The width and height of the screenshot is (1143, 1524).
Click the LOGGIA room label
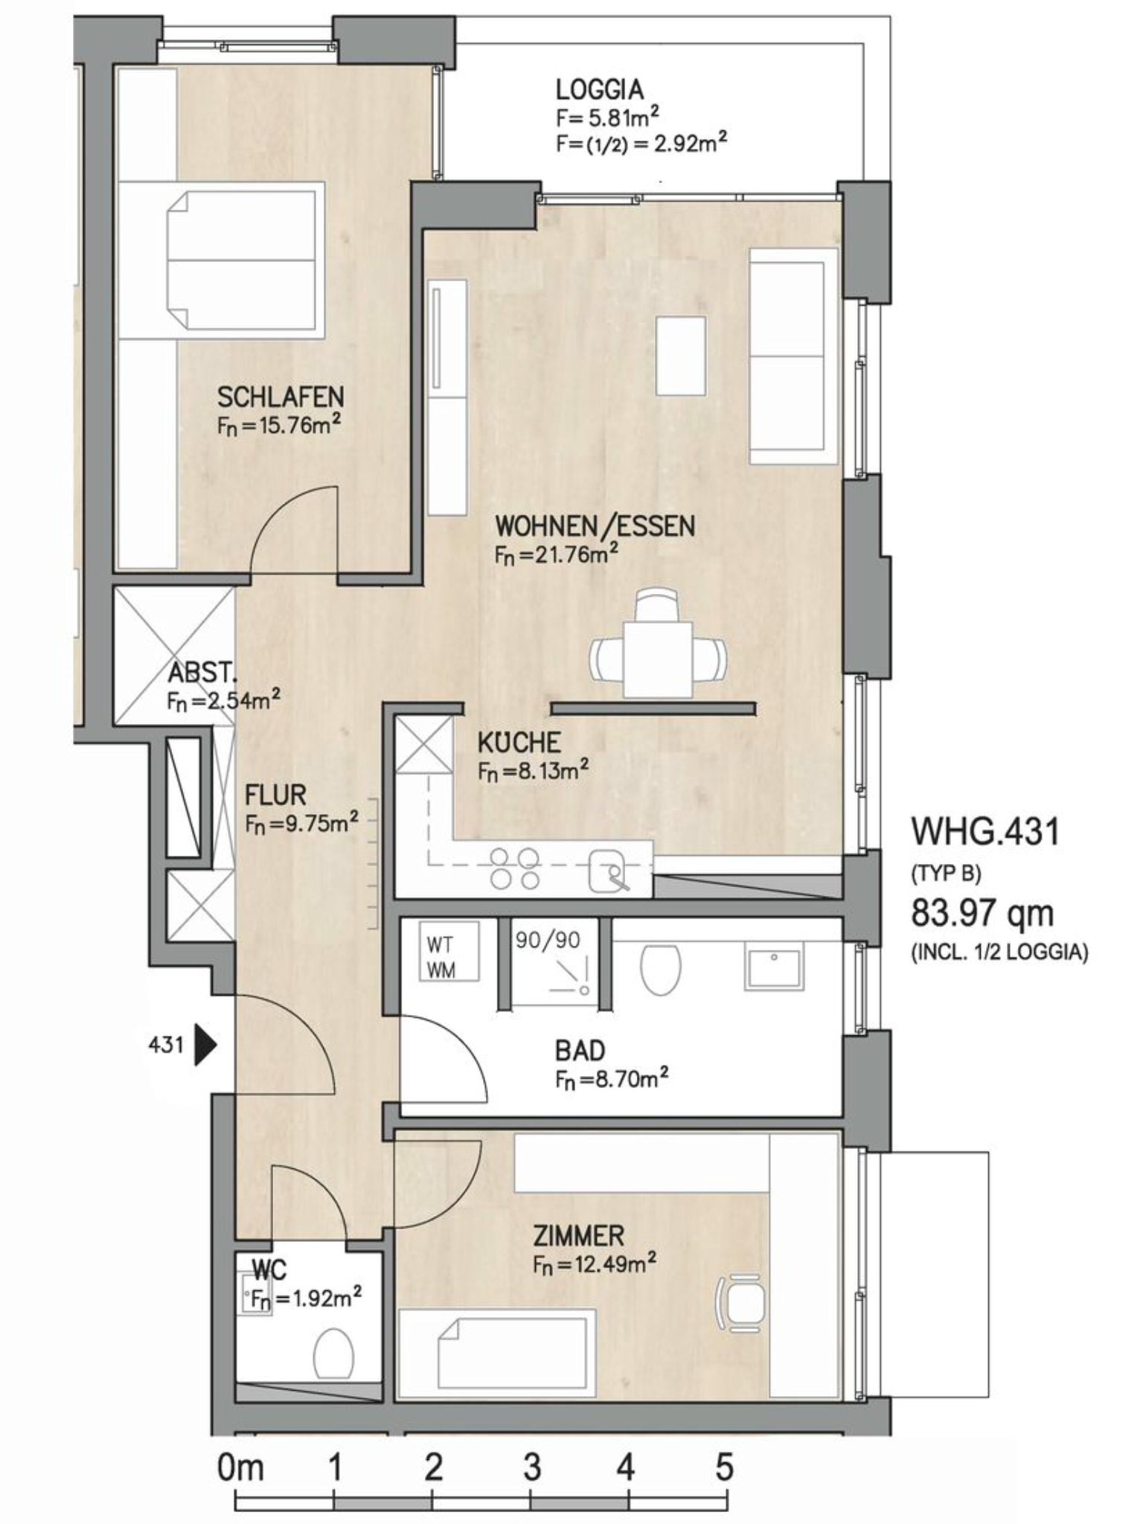(600, 89)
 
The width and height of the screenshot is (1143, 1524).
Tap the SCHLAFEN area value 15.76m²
(279, 426)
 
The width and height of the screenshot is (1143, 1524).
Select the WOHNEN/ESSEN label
(595, 526)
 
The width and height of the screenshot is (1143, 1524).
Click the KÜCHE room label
(519, 743)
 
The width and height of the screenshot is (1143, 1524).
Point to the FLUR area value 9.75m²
(301, 824)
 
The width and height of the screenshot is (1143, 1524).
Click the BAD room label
(580, 1051)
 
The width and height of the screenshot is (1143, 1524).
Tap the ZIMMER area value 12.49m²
(595, 1264)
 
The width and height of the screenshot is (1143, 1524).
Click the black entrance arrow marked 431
(205, 1045)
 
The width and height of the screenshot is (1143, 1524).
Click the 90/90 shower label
(548, 940)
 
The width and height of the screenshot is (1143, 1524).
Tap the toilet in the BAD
(660, 969)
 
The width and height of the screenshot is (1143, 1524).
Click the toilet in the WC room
(333, 1353)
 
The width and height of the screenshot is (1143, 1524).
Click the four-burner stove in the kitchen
(515, 868)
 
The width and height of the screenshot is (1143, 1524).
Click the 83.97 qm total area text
(982, 913)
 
